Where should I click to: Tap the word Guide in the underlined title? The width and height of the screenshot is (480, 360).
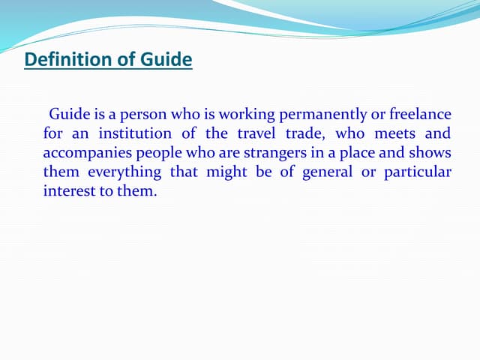(166, 59)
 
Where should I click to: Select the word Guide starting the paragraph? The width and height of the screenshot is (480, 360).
(68, 115)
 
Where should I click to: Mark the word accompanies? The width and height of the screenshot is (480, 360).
(88, 153)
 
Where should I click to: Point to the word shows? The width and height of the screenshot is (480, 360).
(431, 153)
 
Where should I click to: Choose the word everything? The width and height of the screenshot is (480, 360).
(124, 172)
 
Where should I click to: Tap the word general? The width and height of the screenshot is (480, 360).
(329, 172)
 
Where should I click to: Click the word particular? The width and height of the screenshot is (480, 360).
(418, 172)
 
